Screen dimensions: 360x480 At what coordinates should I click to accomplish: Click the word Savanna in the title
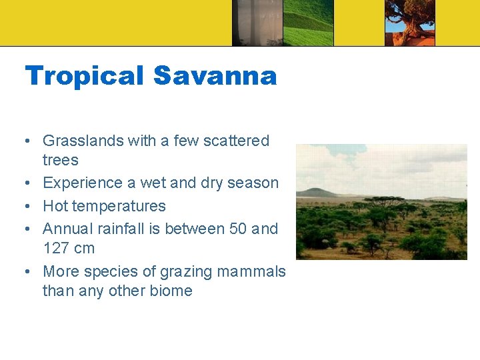point(215,76)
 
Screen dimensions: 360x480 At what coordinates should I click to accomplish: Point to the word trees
point(60,160)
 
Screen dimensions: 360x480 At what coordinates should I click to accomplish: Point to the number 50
point(238,229)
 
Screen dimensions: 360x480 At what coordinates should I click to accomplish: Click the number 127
point(56,248)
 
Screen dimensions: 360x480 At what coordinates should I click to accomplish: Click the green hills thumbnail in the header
point(307,23)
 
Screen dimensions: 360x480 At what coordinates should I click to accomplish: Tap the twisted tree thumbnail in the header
point(409,23)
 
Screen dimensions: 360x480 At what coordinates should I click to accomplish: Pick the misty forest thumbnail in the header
point(257,23)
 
